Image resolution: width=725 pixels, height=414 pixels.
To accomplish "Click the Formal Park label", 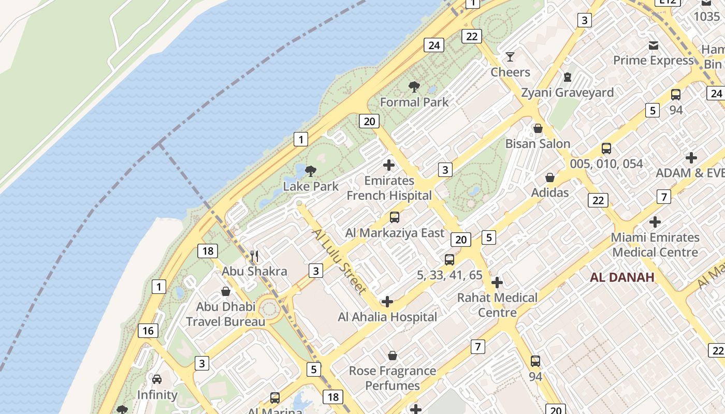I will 414,102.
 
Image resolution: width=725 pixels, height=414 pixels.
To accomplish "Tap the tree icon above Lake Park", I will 311,171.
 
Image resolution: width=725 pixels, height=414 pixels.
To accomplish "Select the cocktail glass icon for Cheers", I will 511,56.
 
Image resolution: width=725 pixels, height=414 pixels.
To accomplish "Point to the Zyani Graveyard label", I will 567,93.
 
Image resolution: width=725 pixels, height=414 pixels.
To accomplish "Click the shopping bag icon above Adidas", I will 550,178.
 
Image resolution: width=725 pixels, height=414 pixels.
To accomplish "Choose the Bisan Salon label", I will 538,143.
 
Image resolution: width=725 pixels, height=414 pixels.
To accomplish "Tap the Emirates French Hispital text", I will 389,188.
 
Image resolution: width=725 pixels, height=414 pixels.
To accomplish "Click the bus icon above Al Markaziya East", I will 395,217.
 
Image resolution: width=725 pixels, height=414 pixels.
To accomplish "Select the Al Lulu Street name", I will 340,261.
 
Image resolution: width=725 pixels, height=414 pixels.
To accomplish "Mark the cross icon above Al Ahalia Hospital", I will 387,302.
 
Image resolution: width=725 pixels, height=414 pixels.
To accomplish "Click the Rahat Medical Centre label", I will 497,305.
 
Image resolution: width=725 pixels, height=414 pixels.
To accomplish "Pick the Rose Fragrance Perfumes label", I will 392,378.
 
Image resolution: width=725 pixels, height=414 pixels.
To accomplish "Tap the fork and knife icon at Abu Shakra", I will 254,256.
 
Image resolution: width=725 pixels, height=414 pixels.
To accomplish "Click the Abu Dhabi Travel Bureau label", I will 225,314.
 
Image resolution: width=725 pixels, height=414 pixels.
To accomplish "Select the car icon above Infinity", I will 157,379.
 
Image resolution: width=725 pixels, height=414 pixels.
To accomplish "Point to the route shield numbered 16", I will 148,331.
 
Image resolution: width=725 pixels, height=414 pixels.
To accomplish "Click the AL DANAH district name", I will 622,277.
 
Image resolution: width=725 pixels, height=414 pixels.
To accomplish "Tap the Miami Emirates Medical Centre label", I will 655,245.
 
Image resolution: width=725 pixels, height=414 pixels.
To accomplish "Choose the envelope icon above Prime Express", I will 654,46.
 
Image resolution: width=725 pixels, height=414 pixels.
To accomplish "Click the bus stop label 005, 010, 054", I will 606,164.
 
